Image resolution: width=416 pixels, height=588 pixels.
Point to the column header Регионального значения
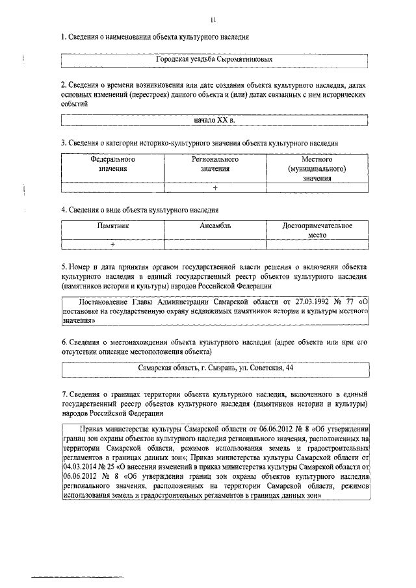pos(214,163)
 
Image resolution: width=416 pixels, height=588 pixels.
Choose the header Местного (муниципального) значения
pos(317,168)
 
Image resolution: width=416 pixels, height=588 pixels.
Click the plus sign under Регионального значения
pos(214,188)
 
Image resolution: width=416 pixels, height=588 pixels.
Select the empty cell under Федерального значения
pos(112,188)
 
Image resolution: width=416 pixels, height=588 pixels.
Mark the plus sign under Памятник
pos(112,245)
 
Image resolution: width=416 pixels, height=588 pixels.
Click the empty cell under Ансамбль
pos(215,245)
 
